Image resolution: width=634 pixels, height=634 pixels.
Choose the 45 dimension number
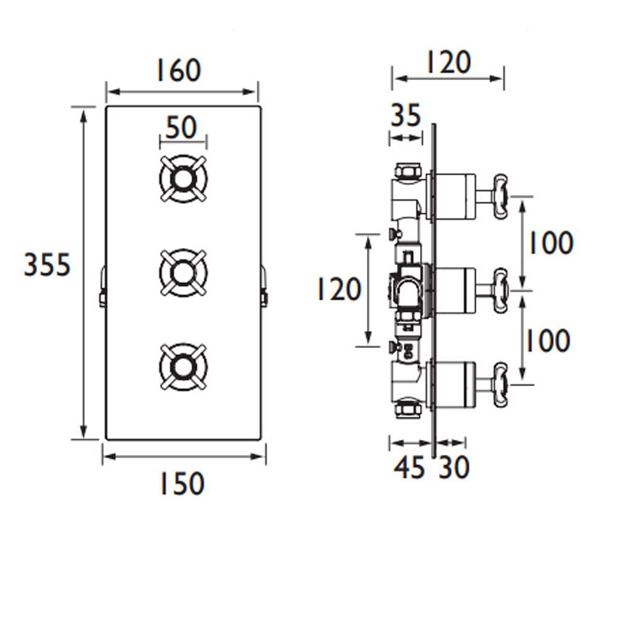(x=410, y=468)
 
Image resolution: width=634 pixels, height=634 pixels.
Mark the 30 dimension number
(x=453, y=468)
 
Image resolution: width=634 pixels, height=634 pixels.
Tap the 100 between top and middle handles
(x=549, y=243)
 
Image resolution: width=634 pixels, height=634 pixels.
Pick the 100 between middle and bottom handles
(x=549, y=341)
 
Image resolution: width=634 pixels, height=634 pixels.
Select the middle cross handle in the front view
(x=184, y=274)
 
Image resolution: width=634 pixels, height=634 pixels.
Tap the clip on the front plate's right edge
(x=265, y=285)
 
